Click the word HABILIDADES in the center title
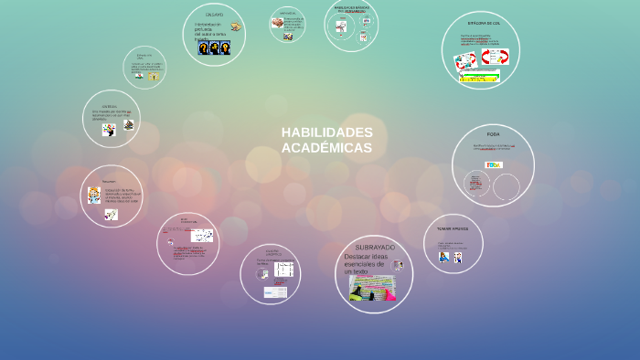point(327,132)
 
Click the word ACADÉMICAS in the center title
point(327,147)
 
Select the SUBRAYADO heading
point(375,248)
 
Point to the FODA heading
point(493,134)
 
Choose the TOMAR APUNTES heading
point(453,228)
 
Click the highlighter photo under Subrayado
point(372,290)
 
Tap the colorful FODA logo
point(494,164)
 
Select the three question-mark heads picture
point(214,48)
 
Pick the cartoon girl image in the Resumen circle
point(94,195)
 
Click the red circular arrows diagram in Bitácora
point(496,57)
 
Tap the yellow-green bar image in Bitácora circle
point(479,77)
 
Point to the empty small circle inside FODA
point(506,186)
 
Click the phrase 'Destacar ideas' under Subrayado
point(366,256)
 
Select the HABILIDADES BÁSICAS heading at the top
point(352,8)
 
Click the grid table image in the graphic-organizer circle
point(283,270)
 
